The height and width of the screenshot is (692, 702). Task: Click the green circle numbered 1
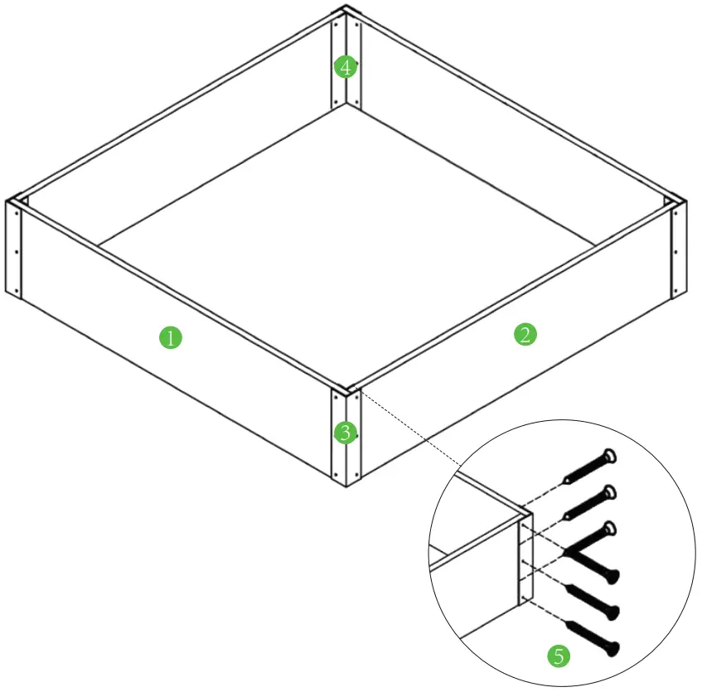pos(170,337)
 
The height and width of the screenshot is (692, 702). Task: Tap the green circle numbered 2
pos(525,335)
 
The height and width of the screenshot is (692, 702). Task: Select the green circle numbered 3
pos(345,432)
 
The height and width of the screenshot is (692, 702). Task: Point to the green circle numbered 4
pos(345,66)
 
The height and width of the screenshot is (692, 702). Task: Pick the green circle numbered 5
pos(559,656)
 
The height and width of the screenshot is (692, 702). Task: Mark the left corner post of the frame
pos(14,248)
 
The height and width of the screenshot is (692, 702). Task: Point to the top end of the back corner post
pos(346,12)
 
